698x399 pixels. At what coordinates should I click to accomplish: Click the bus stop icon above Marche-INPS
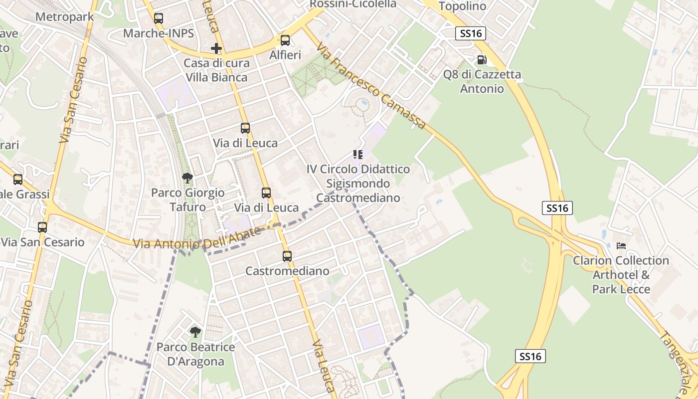point(159,18)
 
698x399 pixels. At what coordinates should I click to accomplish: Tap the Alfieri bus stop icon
point(285,40)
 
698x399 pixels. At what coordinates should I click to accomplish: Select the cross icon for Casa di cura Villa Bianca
point(216,48)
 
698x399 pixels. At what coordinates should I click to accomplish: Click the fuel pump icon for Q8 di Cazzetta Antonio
point(482,60)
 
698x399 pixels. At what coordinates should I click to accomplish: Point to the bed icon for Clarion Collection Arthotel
point(621,246)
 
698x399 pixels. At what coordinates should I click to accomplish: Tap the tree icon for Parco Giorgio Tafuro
point(187,178)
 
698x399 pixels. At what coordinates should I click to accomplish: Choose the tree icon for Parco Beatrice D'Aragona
point(195,332)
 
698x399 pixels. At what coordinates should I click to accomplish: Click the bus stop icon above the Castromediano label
point(287,256)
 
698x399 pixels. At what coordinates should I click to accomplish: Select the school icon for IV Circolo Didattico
point(358,155)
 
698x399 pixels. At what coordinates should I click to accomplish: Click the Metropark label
point(65,17)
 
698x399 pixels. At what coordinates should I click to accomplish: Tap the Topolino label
point(462,6)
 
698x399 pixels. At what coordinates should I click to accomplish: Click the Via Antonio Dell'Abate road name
point(197,239)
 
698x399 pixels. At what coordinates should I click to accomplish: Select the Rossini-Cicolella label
point(353,4)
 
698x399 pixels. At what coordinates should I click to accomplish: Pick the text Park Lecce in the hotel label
point(621,289)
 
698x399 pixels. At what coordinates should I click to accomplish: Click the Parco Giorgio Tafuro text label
point(187,199)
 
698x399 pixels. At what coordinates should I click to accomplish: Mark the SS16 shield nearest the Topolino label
point(471,33)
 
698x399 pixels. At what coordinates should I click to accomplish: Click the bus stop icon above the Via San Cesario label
point(42,227)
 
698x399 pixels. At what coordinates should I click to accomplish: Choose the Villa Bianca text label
point(216,77)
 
